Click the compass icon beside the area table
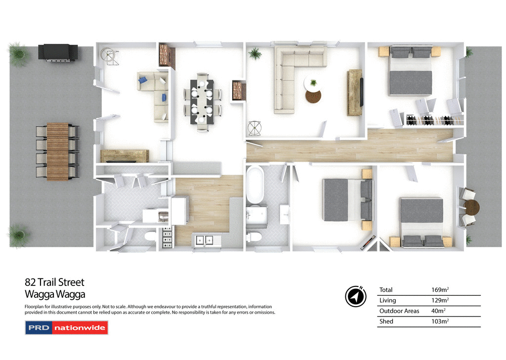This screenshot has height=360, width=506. click(356, 296)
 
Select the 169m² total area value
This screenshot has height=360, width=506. click(440, 290)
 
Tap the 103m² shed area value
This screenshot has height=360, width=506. click(440, 321)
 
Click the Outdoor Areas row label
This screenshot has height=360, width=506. click(399, 311)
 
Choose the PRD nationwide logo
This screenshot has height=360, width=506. click(66, 327)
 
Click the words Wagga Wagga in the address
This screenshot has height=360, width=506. click(55, 295)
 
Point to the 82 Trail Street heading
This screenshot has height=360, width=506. click(55, 282)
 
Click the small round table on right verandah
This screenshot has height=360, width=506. click(472, 206)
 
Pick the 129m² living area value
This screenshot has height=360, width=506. click(440, 300)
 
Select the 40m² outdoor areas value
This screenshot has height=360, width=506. click(438, 311)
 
